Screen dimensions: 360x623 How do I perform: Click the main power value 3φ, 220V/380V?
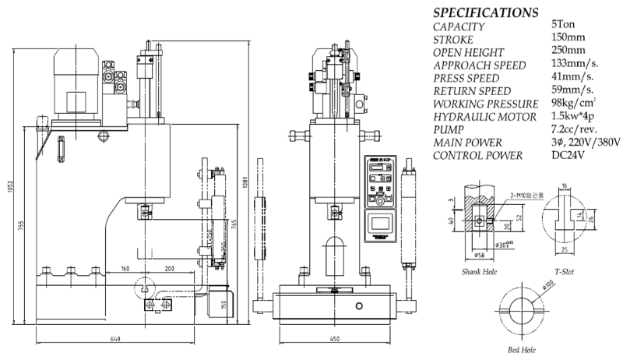(x=583, y=141)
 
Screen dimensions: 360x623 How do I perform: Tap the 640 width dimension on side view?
(x=115, y=339)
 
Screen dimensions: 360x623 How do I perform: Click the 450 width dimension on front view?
(x=333, y=339)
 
